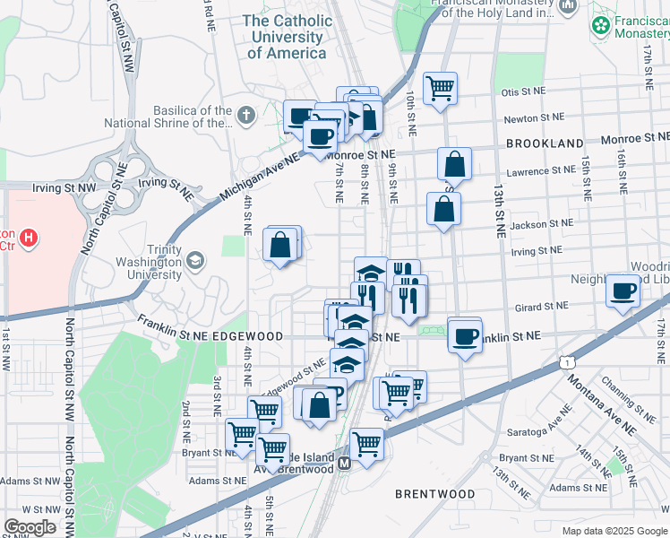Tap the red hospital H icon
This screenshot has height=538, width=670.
[30, 238]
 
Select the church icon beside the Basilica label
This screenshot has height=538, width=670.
[246, 115]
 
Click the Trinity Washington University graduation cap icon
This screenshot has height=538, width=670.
[195, 261]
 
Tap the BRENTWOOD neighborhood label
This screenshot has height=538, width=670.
[435, 494]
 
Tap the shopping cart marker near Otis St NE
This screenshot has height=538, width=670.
[440, 88]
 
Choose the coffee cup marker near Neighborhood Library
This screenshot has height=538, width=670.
[623, 291]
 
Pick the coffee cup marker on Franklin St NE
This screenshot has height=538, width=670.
[464, 335]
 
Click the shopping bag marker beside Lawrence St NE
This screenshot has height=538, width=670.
[454, 164]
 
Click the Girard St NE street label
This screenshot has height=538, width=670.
[543, 307]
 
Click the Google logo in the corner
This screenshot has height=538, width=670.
[30, 526]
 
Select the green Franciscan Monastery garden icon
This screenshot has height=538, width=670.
[599, 26]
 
